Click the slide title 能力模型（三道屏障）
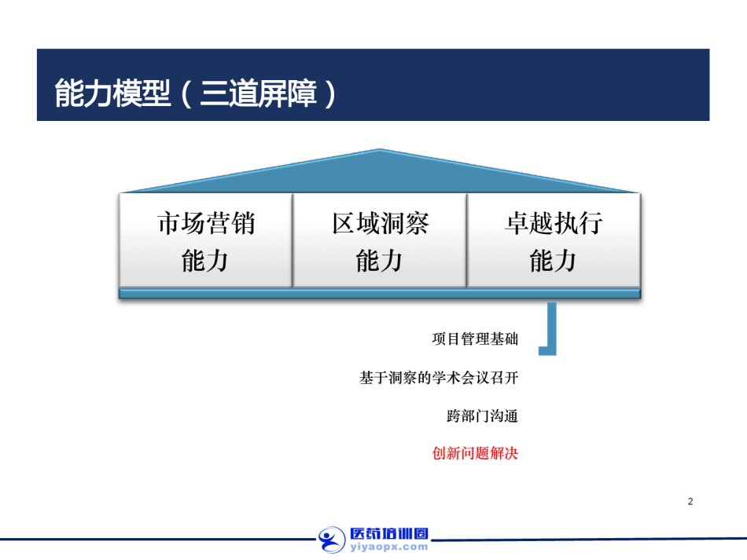195,93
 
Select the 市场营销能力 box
206,240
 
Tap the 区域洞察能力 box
380,240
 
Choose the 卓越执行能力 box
554,240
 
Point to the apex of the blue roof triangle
380,149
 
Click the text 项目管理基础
475,339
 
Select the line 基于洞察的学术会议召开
439,378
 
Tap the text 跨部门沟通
482,415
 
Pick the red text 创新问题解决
475,453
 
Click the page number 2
690,501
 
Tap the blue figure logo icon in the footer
332,540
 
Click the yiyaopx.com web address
388,547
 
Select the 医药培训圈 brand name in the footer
389,533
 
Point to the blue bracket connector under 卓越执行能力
552,328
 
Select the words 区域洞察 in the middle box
380,223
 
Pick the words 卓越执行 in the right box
554,223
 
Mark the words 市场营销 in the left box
206,223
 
